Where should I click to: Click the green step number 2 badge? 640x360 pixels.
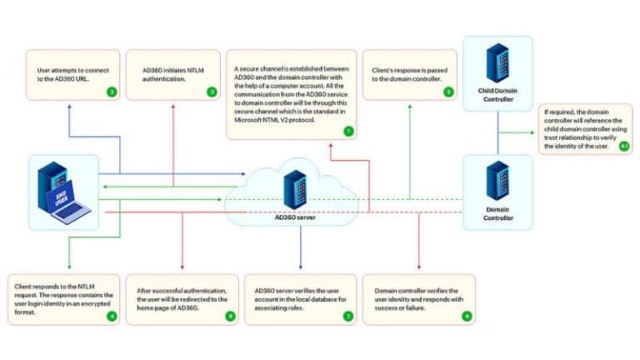pos(112,92)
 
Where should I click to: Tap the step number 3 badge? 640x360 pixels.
pos(212,92)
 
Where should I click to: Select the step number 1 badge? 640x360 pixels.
pos(347,131)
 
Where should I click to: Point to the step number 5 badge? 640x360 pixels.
pos(448,92)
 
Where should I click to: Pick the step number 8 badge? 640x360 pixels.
pos(230,316)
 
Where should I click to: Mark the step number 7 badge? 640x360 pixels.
pos(347,316)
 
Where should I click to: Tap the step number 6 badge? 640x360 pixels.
pos(467,316)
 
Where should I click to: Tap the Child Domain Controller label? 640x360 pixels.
pos(498,94)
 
